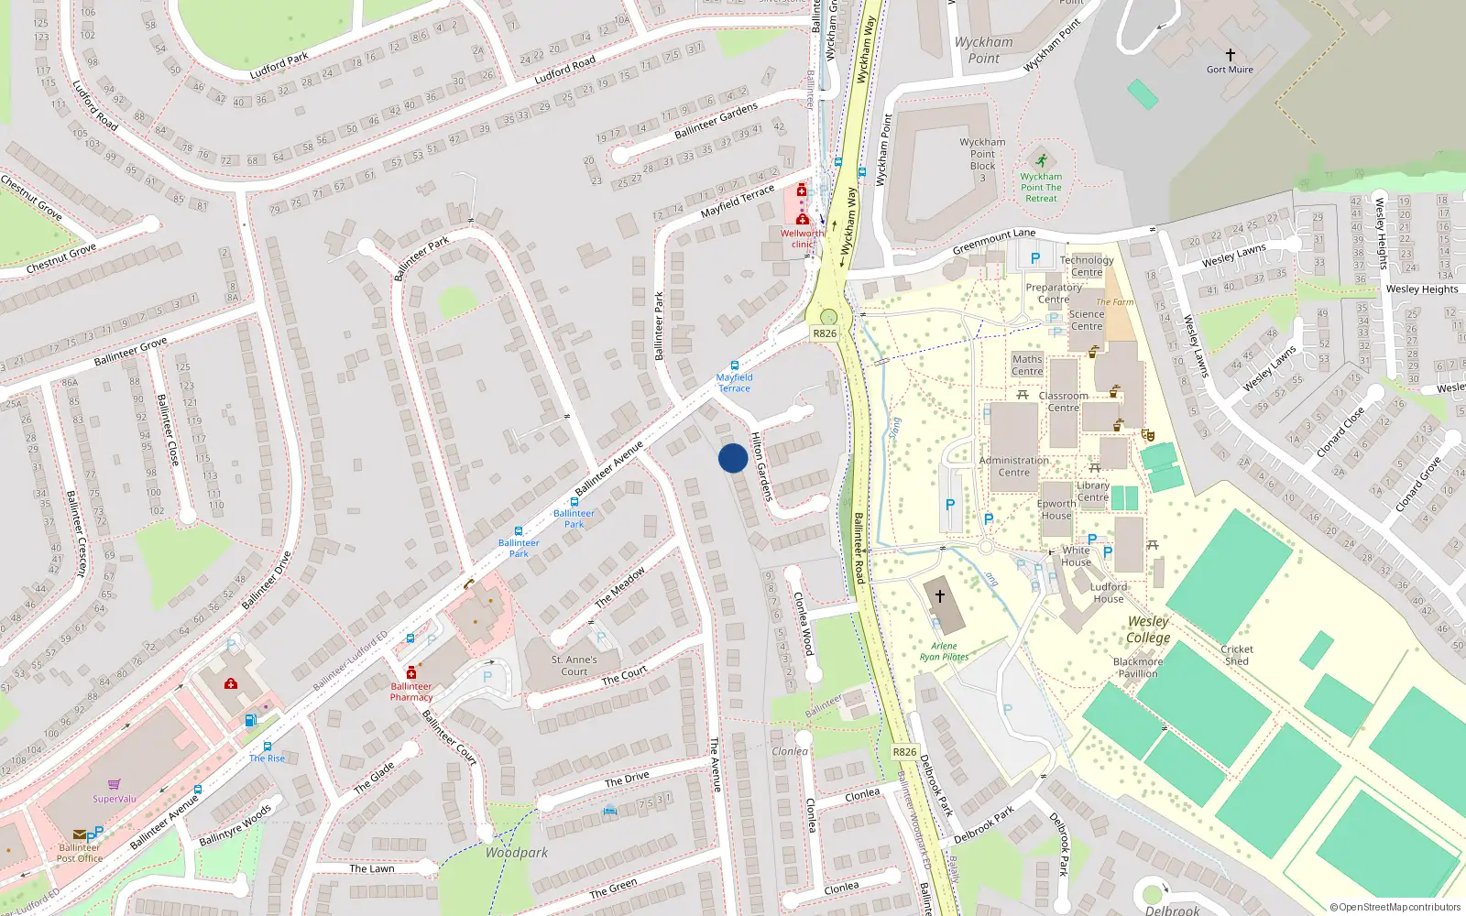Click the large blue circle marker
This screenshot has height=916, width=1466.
point(733,458)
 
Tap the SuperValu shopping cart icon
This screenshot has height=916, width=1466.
point(115,784)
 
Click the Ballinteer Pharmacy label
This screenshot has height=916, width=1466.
point(411,692)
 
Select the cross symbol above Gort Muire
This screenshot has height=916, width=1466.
point(1230,55)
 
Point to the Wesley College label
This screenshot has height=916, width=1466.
point(1148,629)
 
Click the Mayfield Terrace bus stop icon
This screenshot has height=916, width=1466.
point(734,365)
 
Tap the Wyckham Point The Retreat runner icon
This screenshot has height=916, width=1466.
point(1041,161)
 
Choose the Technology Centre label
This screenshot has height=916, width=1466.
point(1087,266)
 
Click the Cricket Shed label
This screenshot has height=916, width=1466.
point(1236,655)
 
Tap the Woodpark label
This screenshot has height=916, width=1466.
point(517,853)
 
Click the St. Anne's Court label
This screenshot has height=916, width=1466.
point(574,665)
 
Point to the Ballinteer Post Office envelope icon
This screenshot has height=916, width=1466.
point(79,834)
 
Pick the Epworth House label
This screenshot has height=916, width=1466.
point(1056,509)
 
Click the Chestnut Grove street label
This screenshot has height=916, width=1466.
point(60,258)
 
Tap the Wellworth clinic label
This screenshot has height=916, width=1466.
point(802,238)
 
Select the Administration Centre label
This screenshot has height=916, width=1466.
point(1013,466)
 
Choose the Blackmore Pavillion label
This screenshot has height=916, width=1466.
point(1138,667)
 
